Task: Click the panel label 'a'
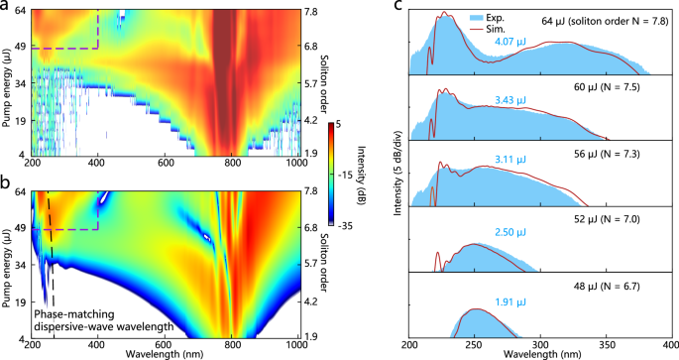[6, 7]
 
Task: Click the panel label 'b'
[6, 181]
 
